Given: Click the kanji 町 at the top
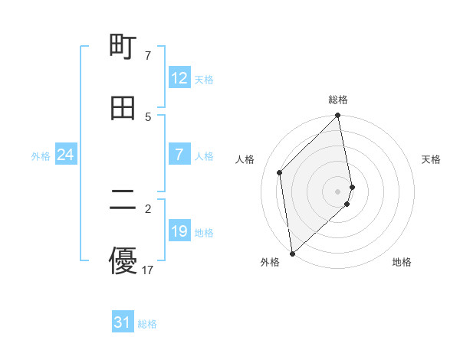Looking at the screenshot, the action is pyautogui.click(x=123, y=47).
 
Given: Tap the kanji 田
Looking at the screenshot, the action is pyautogui.click(x=123, y=108).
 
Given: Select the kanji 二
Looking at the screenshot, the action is pyautogui.click(x=123, y=201).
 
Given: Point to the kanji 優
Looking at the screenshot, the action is pyautogui.click(x=123, y=261).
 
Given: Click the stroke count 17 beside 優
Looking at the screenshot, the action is pyautogui.click(x=148, y=270).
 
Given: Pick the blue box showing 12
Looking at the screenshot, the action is pyautogui.click(x=179, y=78).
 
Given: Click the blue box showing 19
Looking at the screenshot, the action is pyautogui.click(x=179, y=231).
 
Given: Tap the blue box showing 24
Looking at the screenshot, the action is pyautogui.click(x=66, y=155).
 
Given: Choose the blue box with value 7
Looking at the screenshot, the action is pyautogui.click(x=179, y=155).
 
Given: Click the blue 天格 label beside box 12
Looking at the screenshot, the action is pyautogui.click(x=204, y=79).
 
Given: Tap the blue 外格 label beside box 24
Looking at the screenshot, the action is pyautogui.click(x=41, y=156).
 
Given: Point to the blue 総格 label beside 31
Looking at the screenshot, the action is pyautogui.click(x=147, y=323).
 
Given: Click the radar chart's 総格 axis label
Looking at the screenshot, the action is pyautogui.click(x=338, y=100).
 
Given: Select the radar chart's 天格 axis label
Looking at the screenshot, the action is pyautogui.click(x=431, y=159).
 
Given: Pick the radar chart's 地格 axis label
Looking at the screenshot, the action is pyautogui.click(x=402, y=262).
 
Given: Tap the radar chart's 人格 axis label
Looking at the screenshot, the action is pyautogui.click(x=245, y=159).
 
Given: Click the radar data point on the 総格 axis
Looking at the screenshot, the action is pyautogui.click(x=338, y=116).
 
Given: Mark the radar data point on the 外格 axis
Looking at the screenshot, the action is pyautogui.click(x=292, y=253).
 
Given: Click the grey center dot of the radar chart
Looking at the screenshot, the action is pyautogui.click(x=338, y=191).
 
